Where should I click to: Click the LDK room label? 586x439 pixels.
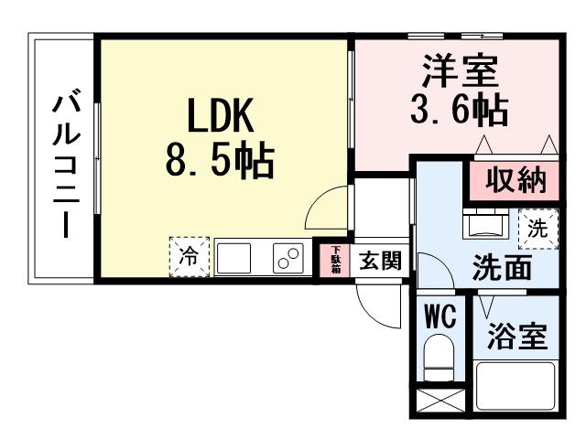pyautogui.click(x=220, y=116)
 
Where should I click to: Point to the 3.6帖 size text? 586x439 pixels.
pyautogui.click(x=458, y=112)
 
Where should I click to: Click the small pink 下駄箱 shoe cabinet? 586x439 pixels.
pyautogui.click(x=336, y=260)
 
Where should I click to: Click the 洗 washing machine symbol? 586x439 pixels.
pyautogui.click(x=538, y=229)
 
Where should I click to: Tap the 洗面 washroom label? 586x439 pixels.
pyautogui.click(x=502, y=269)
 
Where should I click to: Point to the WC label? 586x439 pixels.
pyautogui.click(x=439, y=317)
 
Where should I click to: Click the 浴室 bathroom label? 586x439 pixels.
pyautogui.click(x=517, y=337)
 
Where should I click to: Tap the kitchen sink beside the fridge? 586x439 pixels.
pyautogui.click(x=241, y=258)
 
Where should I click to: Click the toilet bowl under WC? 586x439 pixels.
pyautogui.click(x=439, y=357)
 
